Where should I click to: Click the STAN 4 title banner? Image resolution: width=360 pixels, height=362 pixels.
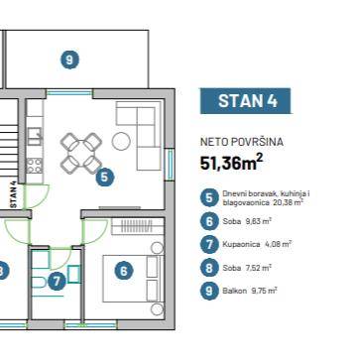coord(245,101)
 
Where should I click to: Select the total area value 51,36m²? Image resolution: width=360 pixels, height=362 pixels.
coord(232,163)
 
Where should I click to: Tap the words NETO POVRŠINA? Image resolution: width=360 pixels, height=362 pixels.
coord(242,142)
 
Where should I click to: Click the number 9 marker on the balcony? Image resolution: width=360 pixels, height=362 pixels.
coord(69,60)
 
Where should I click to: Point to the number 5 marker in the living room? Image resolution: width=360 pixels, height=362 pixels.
coord(105,178)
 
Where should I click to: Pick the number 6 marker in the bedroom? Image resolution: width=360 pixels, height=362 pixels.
coord(123,271)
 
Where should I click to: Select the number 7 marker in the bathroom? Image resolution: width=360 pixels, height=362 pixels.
coord(57,282)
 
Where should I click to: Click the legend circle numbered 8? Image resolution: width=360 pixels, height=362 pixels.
coord(209,268)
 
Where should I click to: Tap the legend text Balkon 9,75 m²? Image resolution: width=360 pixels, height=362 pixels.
coord(250,291)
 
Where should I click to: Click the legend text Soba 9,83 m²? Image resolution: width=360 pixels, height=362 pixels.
coord(247,221)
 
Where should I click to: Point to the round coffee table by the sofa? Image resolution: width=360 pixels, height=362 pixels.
coord(121,141)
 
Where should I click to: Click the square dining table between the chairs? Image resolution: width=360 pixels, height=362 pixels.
coord(81,153)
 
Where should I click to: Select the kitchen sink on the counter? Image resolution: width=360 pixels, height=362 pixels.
coord(35,137)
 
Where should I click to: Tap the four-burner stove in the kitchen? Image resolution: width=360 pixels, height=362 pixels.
coord(35,166)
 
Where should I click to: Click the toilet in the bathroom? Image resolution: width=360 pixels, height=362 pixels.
coord(40,283)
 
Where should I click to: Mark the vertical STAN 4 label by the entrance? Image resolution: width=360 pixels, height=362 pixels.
coord(14,197)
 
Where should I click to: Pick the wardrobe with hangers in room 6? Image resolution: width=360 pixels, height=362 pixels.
coord(138,226)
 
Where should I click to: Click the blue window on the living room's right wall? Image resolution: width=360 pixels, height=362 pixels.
coord(170,165)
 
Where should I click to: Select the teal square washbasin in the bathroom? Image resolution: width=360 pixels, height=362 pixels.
coord(74,275)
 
